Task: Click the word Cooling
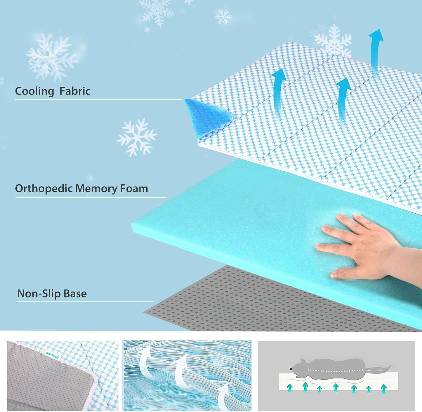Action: (x=34, y=91)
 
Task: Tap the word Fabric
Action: (x=75, y=91)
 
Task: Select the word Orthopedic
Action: (x=44, y=189)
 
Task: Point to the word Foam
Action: (x=134, y=188)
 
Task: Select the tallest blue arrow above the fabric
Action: (x=375, y=50)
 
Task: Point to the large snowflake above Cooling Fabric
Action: (x=51, y=57)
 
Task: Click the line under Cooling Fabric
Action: (x=98, y=100)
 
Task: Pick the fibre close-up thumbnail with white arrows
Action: (x=187, y=376)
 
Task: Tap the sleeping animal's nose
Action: (x=291, y=369)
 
